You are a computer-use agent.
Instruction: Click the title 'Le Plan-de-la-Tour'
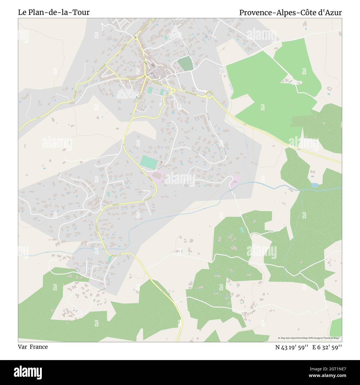click(54, 12)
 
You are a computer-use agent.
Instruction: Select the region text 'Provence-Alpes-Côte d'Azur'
click(290, 12)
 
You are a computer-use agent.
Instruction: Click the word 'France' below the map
click(39, 347)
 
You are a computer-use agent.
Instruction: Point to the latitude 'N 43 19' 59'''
click(292, 347)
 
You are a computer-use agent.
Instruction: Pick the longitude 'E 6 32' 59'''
click(327, 347)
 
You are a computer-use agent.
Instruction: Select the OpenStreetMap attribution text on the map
click(310, 338)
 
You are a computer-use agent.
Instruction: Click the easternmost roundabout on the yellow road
click(209, 95)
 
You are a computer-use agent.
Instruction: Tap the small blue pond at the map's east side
click(315, 185)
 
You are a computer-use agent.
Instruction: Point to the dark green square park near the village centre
click(185, 63)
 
